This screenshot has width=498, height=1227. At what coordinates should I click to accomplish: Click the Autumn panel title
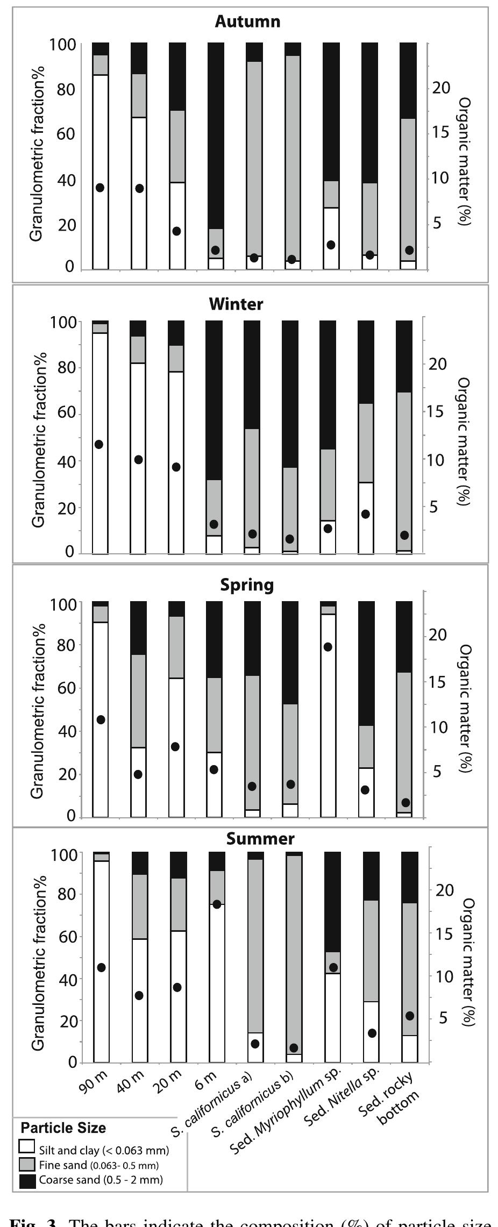(x=247, y=22)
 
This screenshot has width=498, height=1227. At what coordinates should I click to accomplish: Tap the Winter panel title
(x=236, y=304)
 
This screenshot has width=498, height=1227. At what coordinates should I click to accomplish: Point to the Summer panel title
(x=260, y=838)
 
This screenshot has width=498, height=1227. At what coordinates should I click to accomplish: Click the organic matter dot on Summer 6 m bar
(x=217, y=904)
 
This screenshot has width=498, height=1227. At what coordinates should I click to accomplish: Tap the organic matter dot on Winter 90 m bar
(x=99, y=444)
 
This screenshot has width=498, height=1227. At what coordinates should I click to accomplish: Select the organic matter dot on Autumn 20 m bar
(x=176, y=231)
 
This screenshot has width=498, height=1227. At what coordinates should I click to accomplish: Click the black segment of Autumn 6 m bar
(x=216, y=134)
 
